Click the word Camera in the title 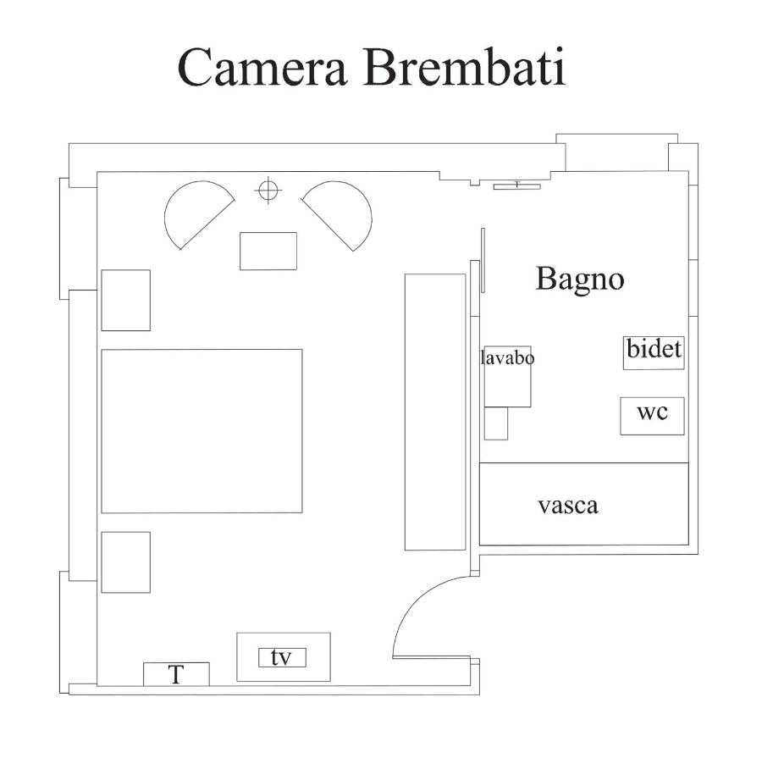[262, 67]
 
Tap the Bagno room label [580, 279]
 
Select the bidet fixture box [654, 352]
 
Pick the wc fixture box [652, 416]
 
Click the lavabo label [507, 358]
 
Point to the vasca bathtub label [568, 506]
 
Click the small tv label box [282, 658]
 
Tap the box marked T [176, 674]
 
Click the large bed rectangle [202, 431]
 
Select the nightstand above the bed [125, 301]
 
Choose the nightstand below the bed [125, 562]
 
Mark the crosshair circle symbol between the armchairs [268, 190]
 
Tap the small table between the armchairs [268, 251]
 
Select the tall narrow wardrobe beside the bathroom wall [435, 412]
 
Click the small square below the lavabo [496, 423]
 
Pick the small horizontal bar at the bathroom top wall [517, 186]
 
